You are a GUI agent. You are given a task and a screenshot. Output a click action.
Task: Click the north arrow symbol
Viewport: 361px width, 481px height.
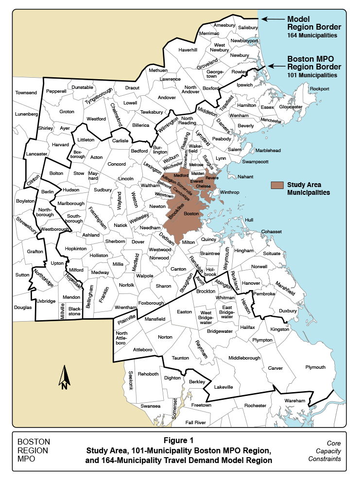point(64,378)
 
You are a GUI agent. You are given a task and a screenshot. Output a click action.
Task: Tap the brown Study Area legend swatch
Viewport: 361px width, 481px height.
point(277,185)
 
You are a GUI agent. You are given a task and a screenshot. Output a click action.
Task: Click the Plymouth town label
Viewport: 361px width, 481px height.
point(315,367)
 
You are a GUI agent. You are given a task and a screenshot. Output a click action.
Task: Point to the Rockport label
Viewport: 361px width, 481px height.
point(319,89)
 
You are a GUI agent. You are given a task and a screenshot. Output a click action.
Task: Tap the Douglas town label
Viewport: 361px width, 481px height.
point(23,307)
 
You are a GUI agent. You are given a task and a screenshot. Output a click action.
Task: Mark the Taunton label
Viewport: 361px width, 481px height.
point(180,358)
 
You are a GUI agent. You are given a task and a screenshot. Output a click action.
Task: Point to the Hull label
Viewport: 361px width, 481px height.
point(249,220)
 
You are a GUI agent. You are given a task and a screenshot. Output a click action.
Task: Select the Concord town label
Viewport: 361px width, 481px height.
point(116,164)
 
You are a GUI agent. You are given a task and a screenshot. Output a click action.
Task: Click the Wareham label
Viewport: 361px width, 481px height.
point(295,400)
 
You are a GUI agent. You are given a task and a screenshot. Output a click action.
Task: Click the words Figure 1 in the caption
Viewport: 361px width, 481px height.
point(178,441)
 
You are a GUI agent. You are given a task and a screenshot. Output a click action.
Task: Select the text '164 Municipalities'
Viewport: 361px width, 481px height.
point(311,35)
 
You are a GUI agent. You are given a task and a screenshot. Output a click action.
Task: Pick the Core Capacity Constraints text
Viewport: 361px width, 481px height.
point(330,451)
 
